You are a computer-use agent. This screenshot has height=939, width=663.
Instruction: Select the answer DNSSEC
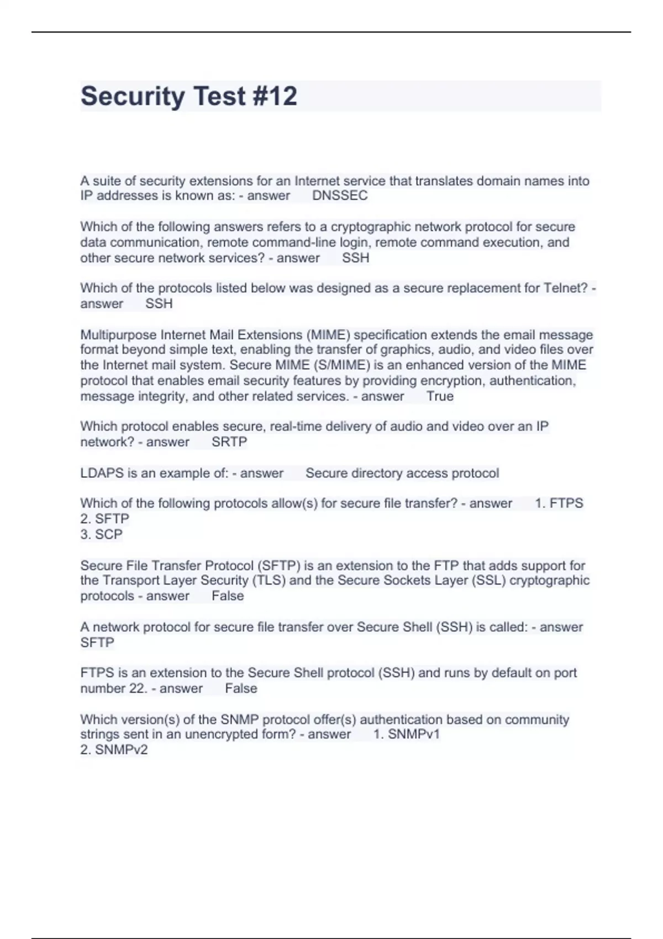pos(340,196)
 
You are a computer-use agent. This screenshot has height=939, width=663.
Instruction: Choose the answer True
pos(440,396)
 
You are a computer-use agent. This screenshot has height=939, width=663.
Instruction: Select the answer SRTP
pos(229,442)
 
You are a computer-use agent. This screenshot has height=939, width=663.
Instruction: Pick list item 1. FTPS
pos(559,503)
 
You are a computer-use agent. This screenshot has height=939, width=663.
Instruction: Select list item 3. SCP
pos(102,534)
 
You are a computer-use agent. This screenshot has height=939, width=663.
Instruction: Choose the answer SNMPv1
pos(407,734)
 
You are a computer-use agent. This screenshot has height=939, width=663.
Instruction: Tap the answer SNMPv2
pos(114,750)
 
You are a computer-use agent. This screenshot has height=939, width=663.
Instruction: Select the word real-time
pos(295,426)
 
